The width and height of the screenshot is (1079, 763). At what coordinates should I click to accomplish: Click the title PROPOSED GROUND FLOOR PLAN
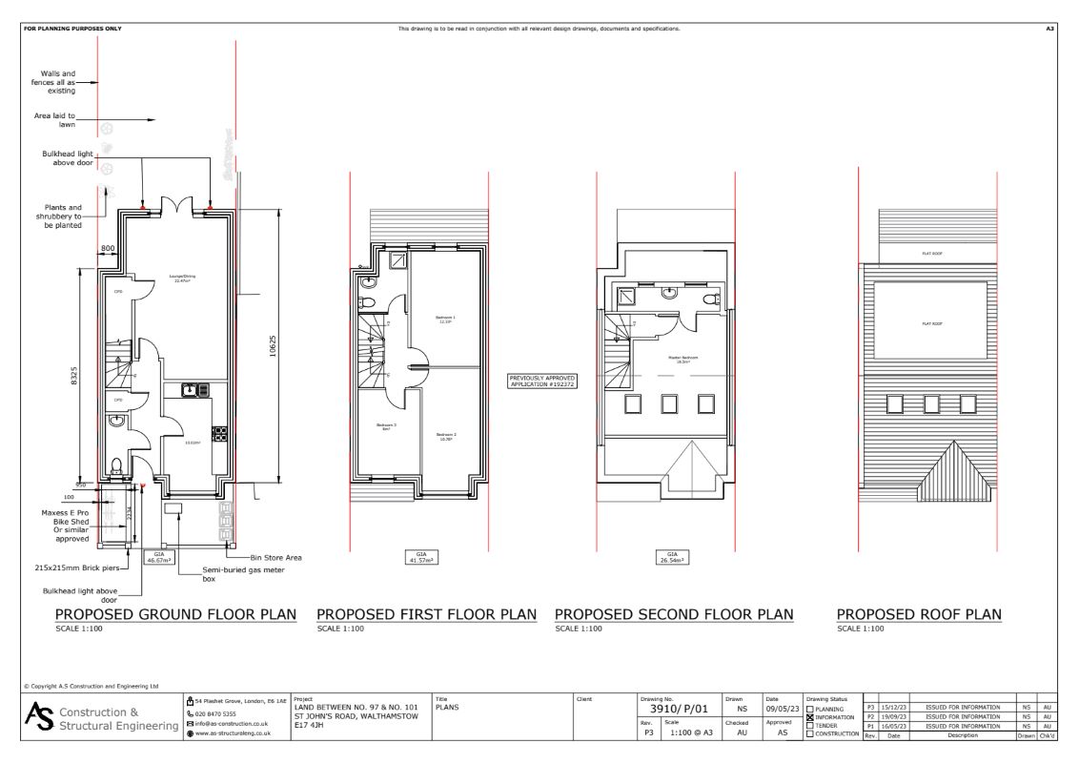[174, 614]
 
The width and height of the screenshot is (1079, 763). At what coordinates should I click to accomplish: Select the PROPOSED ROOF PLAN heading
[919, 614]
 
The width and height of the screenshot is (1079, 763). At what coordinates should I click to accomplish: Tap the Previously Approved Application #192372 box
[542, 380]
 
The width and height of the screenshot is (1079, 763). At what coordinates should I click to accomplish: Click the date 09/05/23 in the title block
[783, 710]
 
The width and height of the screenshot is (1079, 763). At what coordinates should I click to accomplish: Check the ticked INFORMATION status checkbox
[810, 717]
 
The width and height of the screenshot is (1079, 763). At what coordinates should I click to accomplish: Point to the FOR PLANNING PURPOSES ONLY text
[72, 29]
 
